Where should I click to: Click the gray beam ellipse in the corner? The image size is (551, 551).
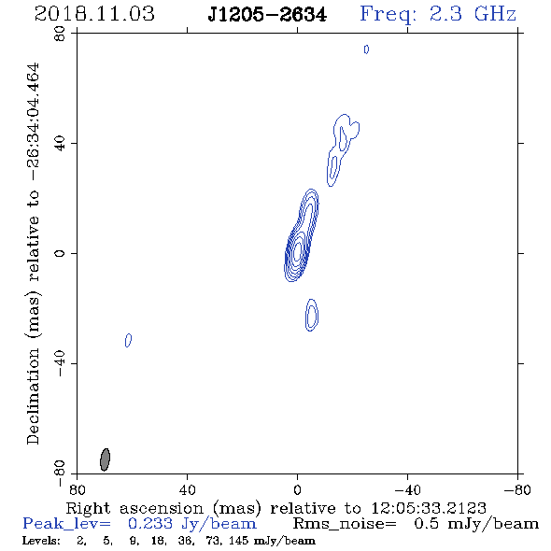105,459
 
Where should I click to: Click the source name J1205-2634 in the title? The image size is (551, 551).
267,15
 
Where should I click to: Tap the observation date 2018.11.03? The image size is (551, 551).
94,14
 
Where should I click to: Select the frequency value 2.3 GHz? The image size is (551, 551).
473,14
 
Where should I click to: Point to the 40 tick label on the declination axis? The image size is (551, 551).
60,144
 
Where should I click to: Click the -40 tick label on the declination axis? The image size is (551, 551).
60,363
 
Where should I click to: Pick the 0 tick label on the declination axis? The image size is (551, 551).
60,253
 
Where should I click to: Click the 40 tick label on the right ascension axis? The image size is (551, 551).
187,489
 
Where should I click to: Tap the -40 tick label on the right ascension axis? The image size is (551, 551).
407,489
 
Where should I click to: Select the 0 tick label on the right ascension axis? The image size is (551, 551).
297,489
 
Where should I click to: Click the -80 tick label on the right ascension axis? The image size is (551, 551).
517,489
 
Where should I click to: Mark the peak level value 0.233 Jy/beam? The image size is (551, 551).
192,524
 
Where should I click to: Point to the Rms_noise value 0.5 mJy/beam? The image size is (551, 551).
476,524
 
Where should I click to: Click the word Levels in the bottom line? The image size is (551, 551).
41,541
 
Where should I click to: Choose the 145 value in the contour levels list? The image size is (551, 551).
240,541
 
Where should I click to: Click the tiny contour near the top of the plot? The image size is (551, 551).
366,49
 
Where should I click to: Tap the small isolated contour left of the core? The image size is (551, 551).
129,340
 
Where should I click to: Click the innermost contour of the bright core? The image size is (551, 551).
298,251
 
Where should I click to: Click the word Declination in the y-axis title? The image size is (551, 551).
33,396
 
